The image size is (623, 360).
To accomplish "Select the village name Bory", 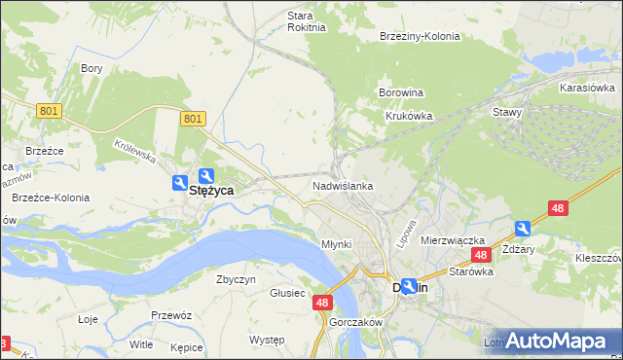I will [92, 68].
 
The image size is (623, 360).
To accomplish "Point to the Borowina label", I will [400, 93].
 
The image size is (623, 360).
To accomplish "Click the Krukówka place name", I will [409, 115].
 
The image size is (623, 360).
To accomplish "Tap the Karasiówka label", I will [585, 88].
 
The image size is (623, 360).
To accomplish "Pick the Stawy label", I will [507, 112].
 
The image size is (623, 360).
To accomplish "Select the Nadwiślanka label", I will [343, 185].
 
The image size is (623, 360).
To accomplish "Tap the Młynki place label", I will [336, 243].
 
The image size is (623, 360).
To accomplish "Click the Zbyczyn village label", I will [236, 279].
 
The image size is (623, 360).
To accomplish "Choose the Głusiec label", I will [287, 293].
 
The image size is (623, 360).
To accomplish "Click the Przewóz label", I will [169, 315].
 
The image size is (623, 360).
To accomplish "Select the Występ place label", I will [267, 340].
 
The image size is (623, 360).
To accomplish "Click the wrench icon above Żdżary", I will [523, 228].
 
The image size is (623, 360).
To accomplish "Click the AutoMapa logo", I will [556, 341].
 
